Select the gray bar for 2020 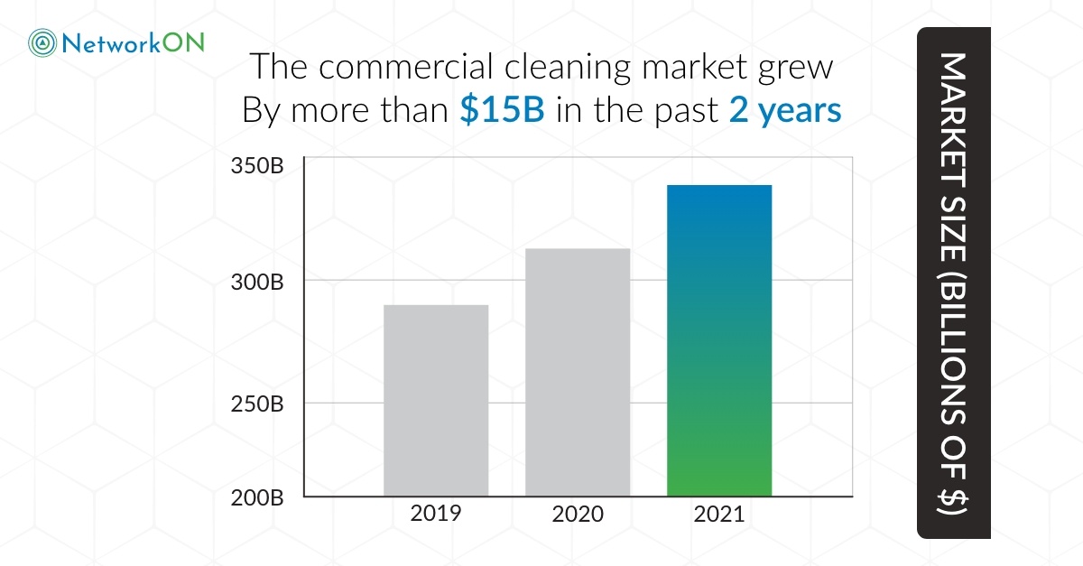pos(578,372)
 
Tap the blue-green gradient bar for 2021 pos(719,340)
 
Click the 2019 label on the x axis pos(436,514)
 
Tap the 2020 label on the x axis pos(578,515)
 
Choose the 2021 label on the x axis pos(719,515)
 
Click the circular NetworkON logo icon pos(42,42)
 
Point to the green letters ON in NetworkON pos(184,42)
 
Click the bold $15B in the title pos(501,110)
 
